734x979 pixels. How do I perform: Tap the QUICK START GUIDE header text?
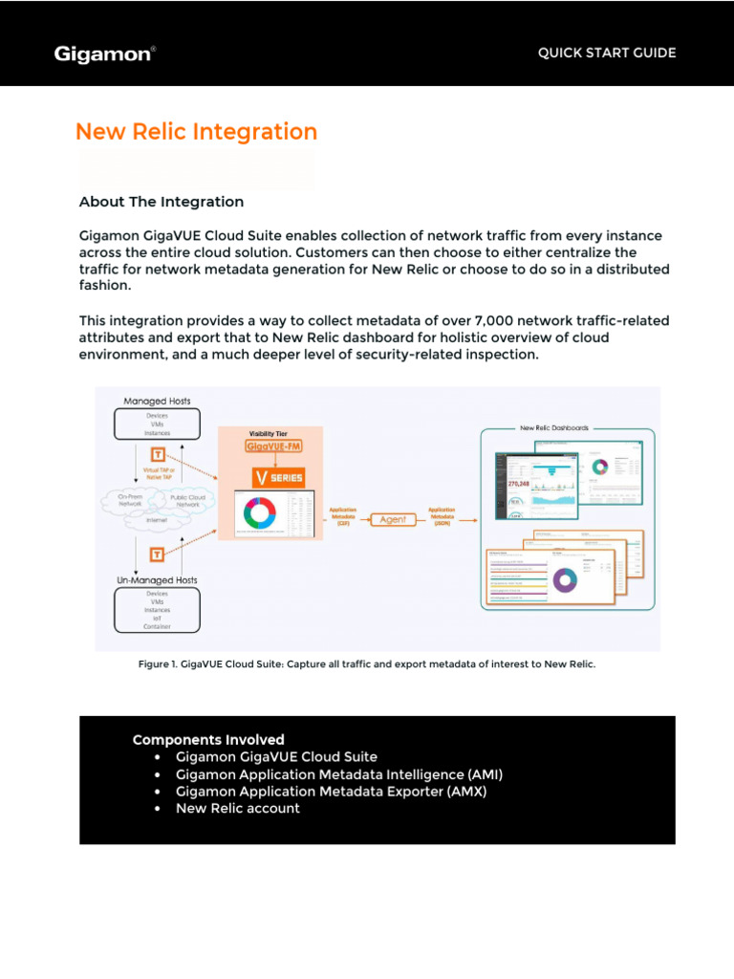(607, 53)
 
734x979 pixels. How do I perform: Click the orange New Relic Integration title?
(196, 132)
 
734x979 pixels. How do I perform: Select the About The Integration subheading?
(161, 202)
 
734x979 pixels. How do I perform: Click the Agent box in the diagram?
(399, 519)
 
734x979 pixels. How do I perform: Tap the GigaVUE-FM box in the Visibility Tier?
(275, 446)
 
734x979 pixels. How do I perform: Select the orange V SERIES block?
(277, 477)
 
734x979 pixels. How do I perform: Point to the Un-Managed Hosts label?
(158, 580)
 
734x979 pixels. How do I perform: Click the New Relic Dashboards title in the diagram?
(554, 428)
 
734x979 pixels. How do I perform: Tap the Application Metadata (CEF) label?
(343, 516)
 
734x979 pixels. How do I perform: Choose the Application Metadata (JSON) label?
(442, 516)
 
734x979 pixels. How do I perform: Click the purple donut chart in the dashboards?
(565, 578)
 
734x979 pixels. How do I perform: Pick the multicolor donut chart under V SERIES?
(259, 514)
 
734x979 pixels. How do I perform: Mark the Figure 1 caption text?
(367, 664)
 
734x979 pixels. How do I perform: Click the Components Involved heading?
(208, 739)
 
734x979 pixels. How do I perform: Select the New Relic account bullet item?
(237, 808)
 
